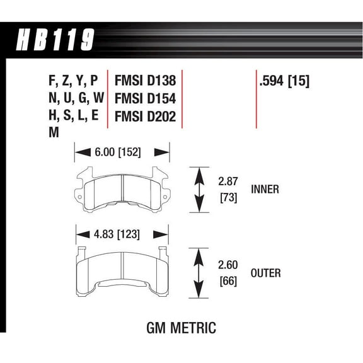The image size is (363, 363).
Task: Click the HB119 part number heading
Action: (54, 42)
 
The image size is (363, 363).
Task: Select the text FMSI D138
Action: (144, 81)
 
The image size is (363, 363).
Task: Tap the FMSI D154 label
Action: (144, 98)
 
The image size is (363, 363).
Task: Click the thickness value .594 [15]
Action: (284, 81)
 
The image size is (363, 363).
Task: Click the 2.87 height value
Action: (228, 181)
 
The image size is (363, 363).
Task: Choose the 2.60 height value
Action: (228, 264)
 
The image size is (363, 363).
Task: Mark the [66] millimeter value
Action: (228, 282)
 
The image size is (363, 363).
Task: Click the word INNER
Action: (265, 189)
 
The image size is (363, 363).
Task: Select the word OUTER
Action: (265, 273)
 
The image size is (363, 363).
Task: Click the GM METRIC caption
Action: (181, 328)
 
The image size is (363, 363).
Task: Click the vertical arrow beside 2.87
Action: (200, 190)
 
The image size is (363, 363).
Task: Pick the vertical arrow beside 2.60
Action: (200, 273)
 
